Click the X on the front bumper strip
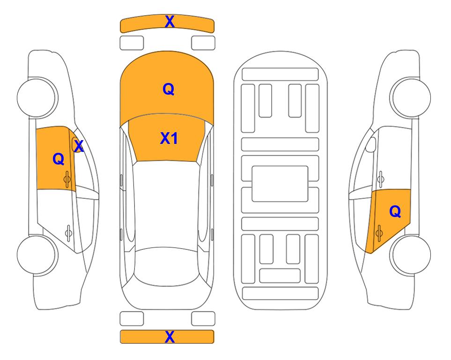(x=170, y=22)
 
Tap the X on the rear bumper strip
(x=170, y=337)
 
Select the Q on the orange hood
(x=168, y=89)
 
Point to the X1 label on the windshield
(x=169, y=138)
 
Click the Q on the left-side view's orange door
(x=59, y=159)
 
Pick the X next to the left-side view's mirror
(x=79, y=146)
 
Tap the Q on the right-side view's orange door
(x=395, y=212)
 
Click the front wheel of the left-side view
(x=37, y=97)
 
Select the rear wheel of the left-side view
(x=37, y=255)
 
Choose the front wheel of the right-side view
(x=411, y=97)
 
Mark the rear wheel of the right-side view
(x=411, y=255)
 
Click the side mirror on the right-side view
(x=371, y=144)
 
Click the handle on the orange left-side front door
(x=67, y=179)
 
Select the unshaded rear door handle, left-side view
(x=69, y=232)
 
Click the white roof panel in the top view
(x=166, y=204)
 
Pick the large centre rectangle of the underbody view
(x=280, y=184)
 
